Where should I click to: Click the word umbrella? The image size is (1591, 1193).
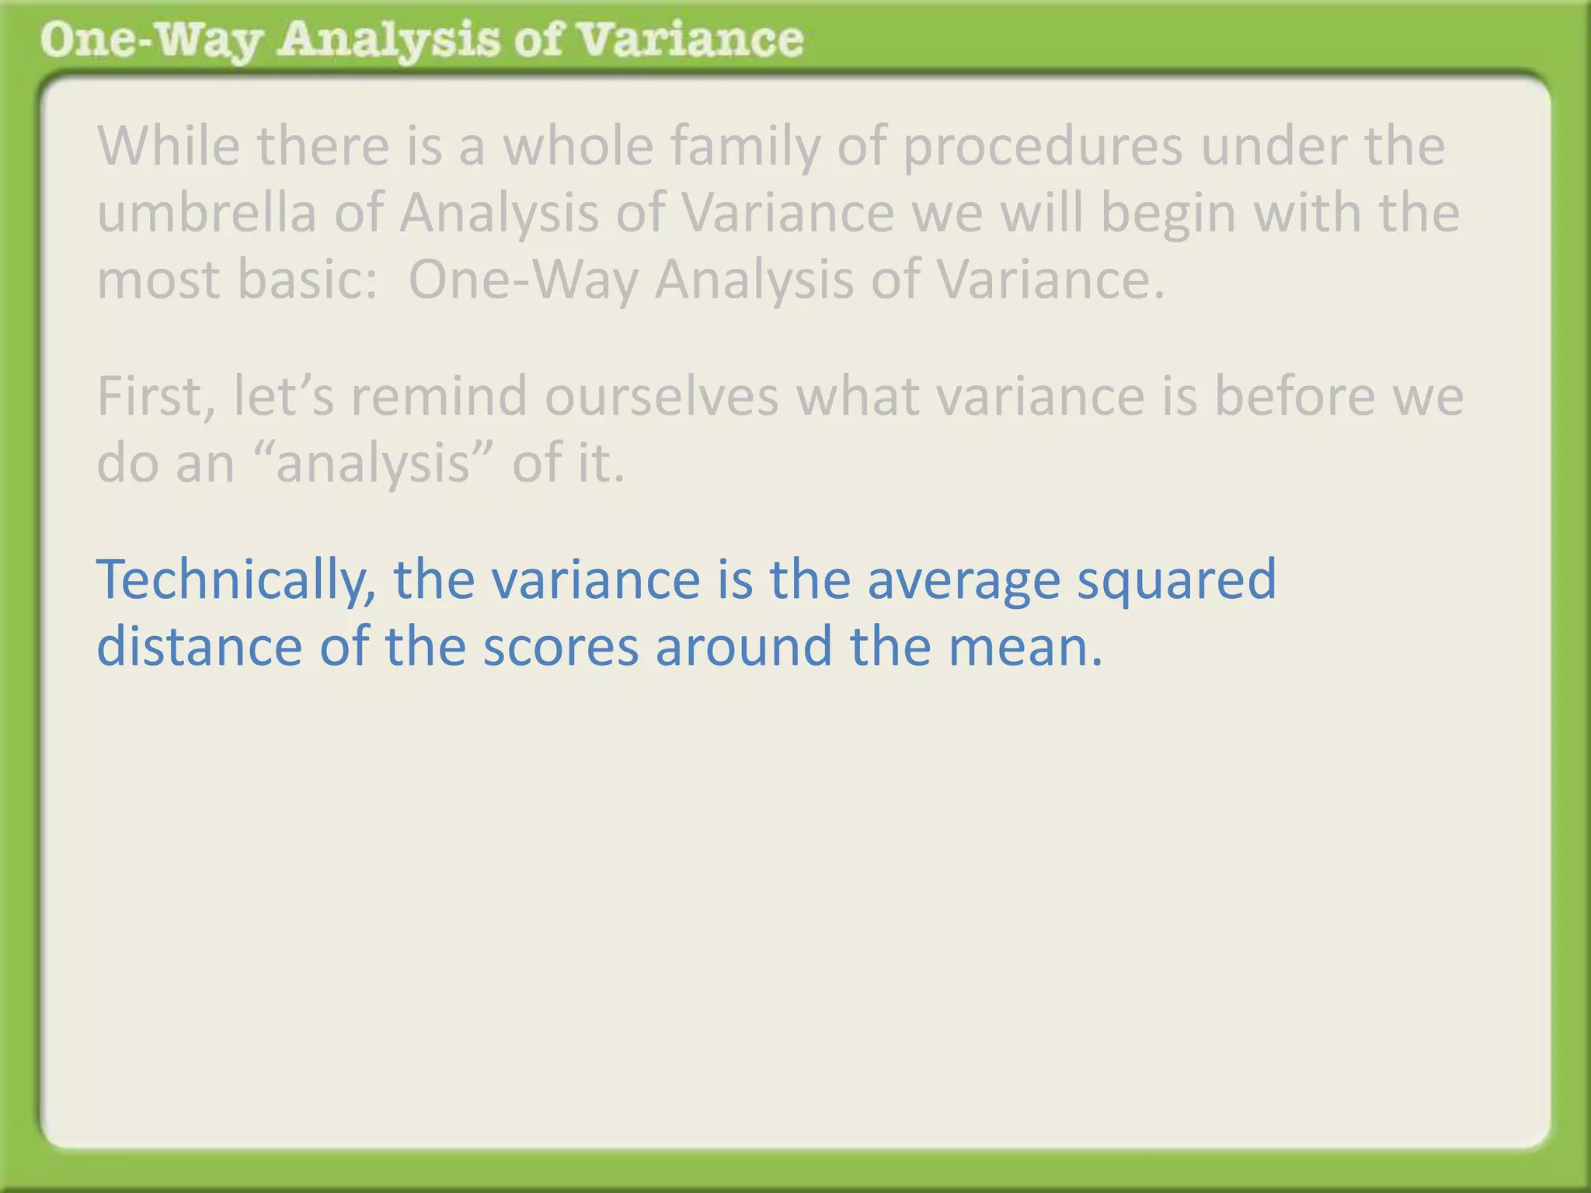[x=206, y=213]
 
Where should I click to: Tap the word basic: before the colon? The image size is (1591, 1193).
[x=307, y=280]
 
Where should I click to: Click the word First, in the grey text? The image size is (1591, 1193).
[x=155, y=396]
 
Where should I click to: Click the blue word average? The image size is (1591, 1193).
[x=963, y=580]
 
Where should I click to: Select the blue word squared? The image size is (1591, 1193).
[x=1176, y=580]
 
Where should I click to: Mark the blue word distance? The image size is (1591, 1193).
[x=199, y=647]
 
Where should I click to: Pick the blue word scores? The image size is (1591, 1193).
[x=560, y=647]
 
